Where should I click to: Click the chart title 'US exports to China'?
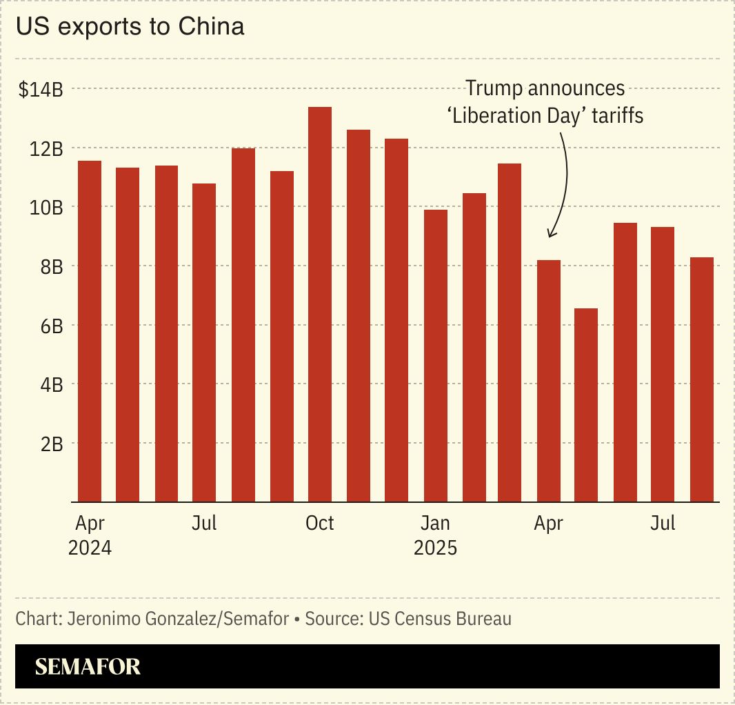130,28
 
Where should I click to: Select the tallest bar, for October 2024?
319,304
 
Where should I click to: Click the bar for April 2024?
90,331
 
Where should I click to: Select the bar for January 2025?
435,356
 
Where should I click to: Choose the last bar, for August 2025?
702,379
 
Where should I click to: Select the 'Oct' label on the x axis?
319,524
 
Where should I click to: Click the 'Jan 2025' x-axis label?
435,535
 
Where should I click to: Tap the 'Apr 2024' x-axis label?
90,535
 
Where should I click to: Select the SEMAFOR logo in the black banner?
88,666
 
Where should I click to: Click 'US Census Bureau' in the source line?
440,619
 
